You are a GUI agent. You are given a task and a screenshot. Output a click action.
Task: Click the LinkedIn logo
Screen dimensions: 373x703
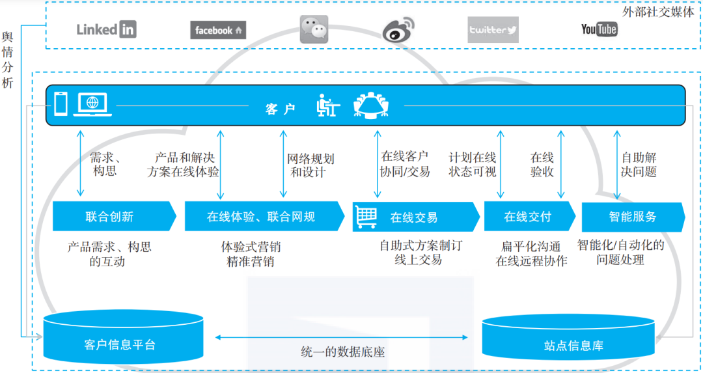pos(106,29)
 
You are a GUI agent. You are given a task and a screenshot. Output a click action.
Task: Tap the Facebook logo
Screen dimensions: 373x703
pos(218,30)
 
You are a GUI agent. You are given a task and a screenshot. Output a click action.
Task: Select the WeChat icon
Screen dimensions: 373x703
pos(314,29)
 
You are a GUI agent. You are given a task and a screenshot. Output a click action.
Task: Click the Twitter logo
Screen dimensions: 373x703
pos(493,30)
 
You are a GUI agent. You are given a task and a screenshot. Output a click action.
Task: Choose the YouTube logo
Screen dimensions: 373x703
pos(599,29)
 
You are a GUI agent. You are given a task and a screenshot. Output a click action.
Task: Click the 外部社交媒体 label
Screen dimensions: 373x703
pos(658,12)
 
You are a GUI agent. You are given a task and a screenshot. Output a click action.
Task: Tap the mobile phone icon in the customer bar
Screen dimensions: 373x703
pos(61,104)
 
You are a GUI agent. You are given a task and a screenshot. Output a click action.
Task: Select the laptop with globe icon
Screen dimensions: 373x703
pos(94,105)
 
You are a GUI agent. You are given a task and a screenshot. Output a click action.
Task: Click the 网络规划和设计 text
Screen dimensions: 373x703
pos(311,165)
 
